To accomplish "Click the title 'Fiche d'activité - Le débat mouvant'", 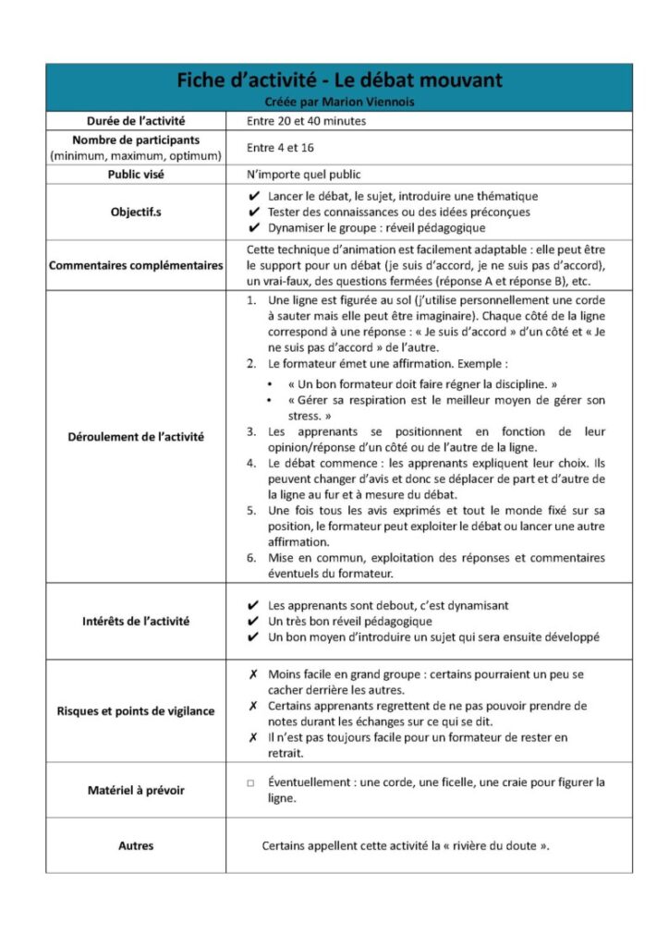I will tap(339, 80).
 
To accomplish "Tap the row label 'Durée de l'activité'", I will tap(136, 121).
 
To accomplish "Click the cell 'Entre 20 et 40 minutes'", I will tap(307, 121).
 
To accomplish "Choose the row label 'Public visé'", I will tap(136, 174).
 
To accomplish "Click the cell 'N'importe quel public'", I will tap(303, 174).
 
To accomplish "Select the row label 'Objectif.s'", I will tap(136, 212).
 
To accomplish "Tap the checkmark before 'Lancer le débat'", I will tap(254, 196).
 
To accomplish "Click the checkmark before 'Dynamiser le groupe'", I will tap(254, 227).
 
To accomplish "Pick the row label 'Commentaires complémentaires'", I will tap(136, 266).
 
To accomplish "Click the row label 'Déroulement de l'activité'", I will tap(136, 436).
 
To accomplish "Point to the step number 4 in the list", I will tap(251, 462).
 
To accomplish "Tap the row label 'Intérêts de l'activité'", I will tap(136, 621).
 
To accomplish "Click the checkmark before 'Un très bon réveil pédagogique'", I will tap(254, 622).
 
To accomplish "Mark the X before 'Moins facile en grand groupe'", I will tap(253, 674).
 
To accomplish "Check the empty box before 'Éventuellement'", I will tap(250, 782).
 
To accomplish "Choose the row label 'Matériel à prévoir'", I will tap(136, 790).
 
